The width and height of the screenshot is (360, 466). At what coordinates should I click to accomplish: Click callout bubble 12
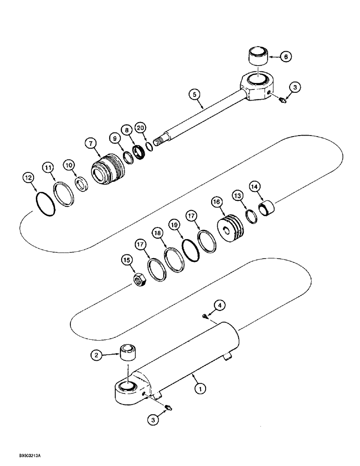click(29, 177)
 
